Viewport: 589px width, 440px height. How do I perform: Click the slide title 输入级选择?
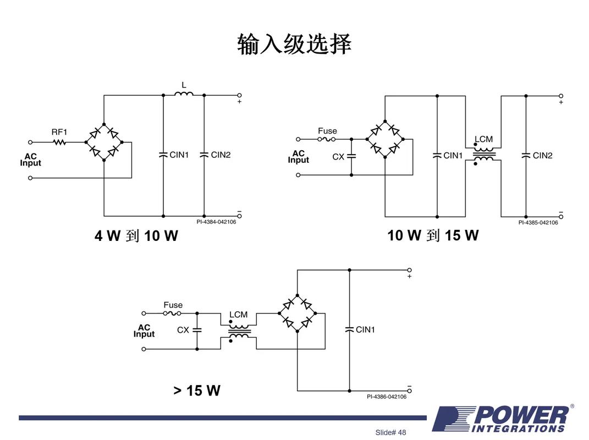(x=294, y=44)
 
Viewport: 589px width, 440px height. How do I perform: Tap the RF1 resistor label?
(x=59, y=132)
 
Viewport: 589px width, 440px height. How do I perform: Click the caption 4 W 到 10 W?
(x=136, y=236)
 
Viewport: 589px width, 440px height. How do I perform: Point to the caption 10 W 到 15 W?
(x=433, y=235)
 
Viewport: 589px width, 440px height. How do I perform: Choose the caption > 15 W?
(x=197, y=391)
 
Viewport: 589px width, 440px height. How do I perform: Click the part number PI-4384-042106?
(x=216, y=222)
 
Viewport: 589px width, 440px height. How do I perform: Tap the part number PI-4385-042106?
(x=538, y=222)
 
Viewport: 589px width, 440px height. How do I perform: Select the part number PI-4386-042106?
(x=387, y=397)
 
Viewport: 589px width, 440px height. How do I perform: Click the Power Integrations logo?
(x=502, y=419)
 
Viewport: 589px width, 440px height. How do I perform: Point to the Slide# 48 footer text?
(x=390, y=432)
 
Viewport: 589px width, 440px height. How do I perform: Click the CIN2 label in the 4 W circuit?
(x=221, y=155)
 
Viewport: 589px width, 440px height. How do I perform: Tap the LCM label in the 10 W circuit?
(x=483, y=139)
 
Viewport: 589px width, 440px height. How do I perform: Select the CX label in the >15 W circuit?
(x=183, y=330)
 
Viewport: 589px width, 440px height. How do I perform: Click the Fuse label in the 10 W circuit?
(x=327, y=131)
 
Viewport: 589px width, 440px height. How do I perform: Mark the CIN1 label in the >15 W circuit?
(x=365, y=329)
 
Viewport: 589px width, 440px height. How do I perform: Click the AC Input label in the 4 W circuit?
(x=31, y=159)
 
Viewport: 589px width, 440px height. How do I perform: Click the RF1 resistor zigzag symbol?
(x=59, y=142)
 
